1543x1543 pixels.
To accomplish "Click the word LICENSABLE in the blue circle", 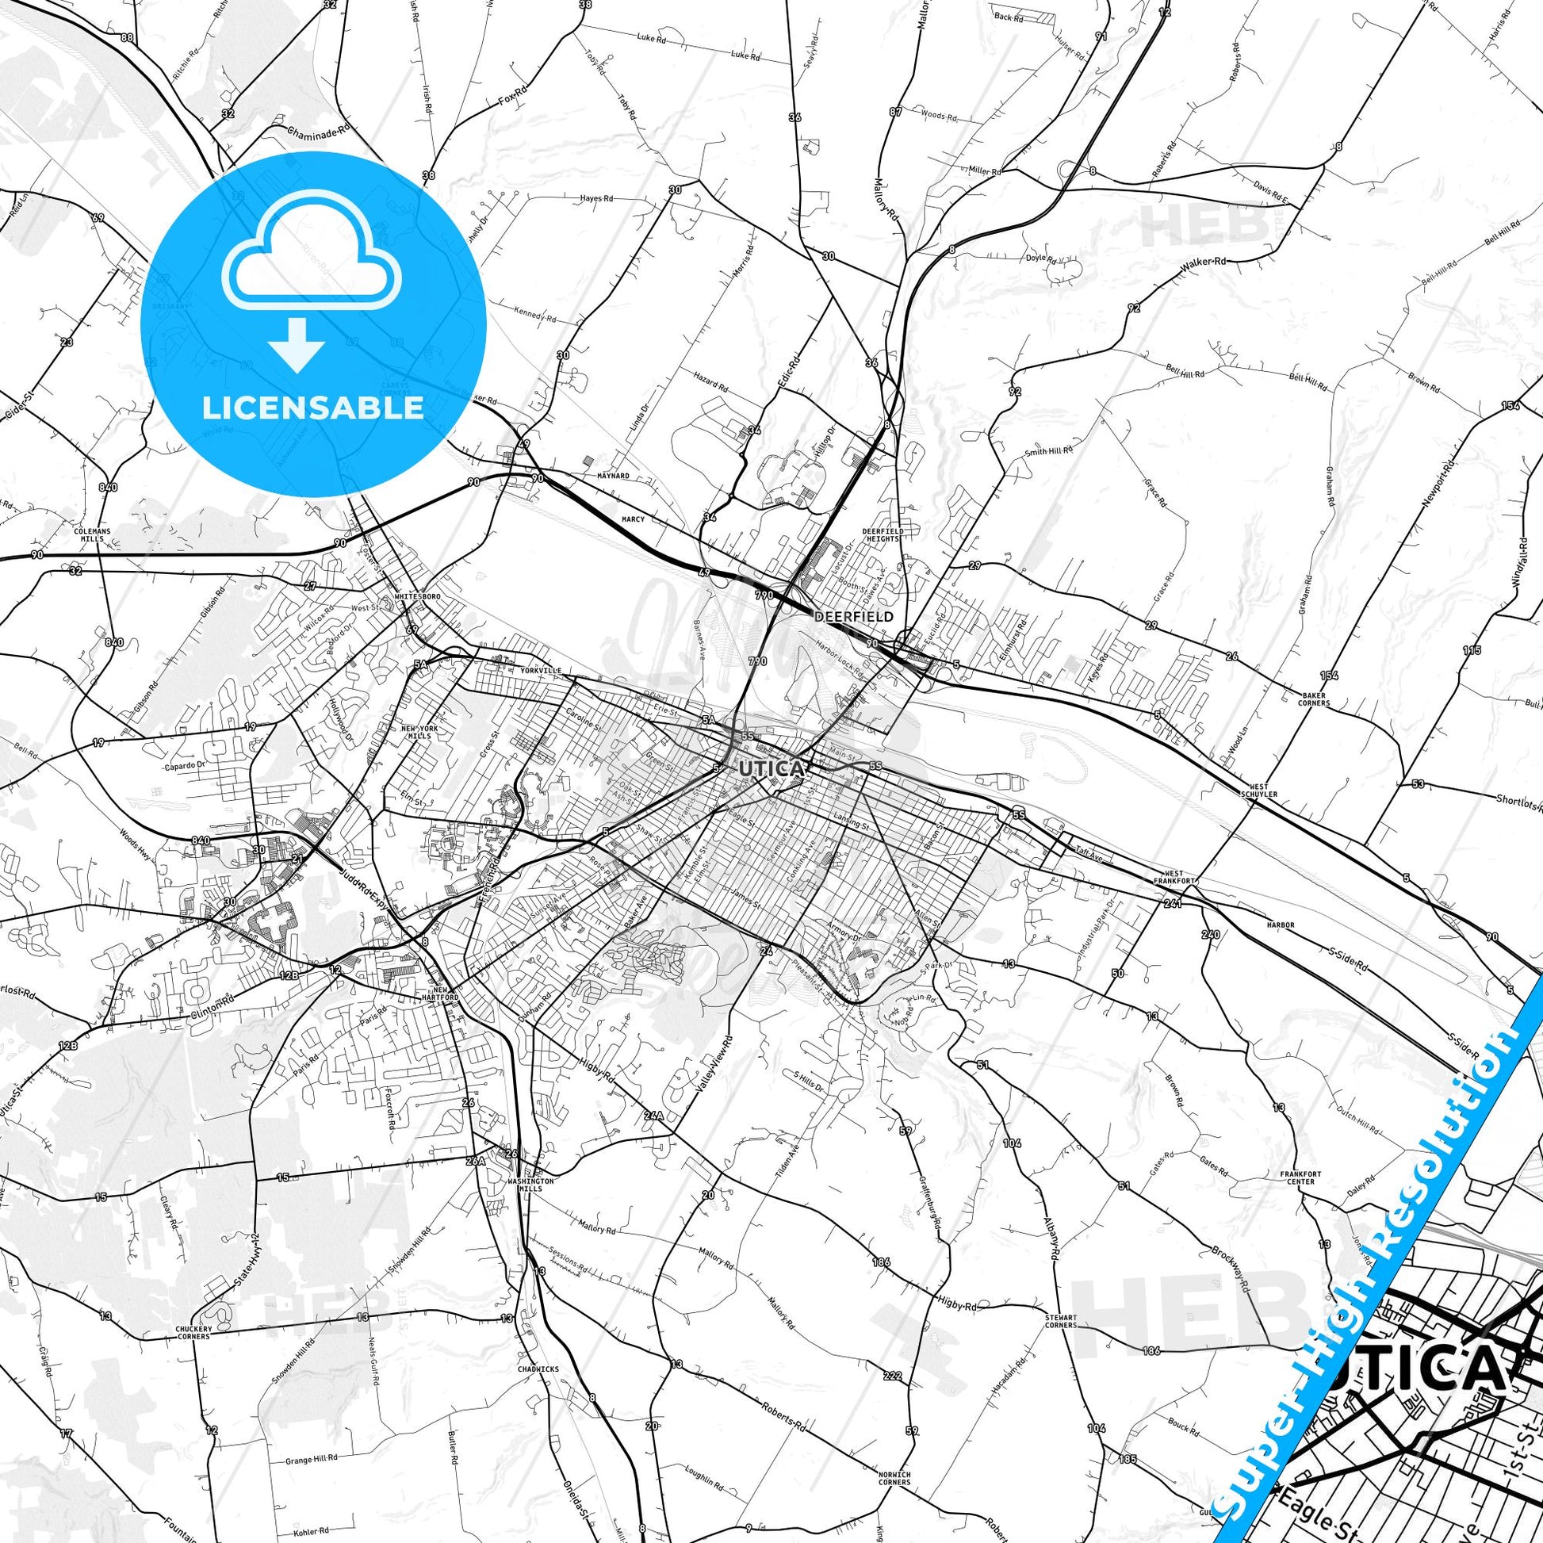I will click(x=313, y=408).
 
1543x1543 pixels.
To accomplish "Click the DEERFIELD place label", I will click(x=854, y=617).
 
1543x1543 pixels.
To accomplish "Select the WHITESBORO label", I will click(x=418, y=596).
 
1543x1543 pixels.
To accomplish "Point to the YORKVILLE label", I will click(x=541, y=670).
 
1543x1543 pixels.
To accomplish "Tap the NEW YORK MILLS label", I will click(x=419, y=732).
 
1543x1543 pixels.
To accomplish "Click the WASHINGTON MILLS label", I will click(x=530, y=1185).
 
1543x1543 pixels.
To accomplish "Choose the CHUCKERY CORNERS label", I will click(x=193, y=1333).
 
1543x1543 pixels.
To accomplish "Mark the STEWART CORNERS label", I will click(x=1061, y=1321).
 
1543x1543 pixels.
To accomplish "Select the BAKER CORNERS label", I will click(x=1314, y=699).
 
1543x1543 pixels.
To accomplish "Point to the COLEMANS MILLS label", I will click(x=93, y=534).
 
